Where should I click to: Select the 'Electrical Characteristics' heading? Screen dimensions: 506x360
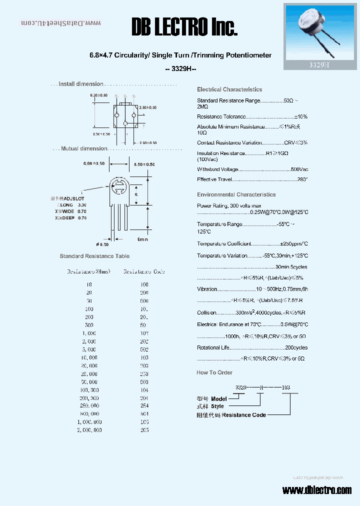[x=229, y=89]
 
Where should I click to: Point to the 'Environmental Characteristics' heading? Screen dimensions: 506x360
[x=236, y=194]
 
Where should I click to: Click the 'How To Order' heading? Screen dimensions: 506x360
[x=214, y=372]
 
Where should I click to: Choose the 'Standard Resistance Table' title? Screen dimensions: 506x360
[x=94, y=256]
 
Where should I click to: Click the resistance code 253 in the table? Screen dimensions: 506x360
[x=144, y=374]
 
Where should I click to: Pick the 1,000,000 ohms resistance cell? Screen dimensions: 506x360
[x=90, y=422]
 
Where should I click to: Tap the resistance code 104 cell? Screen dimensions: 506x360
[x=144, y=390]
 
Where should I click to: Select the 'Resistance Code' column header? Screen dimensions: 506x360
[x=144, y=271]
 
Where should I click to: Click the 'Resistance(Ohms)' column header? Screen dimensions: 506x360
[x=88, y=271]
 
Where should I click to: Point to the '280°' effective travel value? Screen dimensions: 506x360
[x=302, y=179]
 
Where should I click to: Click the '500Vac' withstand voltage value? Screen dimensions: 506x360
[x=299, y=169]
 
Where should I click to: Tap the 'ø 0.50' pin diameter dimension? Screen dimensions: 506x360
[x=102, y=244]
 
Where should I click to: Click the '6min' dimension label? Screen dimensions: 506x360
[x=142, y=239]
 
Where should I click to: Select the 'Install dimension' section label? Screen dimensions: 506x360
[x=81, y=84]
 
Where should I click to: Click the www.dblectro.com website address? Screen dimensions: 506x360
[x=317, y=490]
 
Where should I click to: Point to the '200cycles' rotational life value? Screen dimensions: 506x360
[x=296, y=347]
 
